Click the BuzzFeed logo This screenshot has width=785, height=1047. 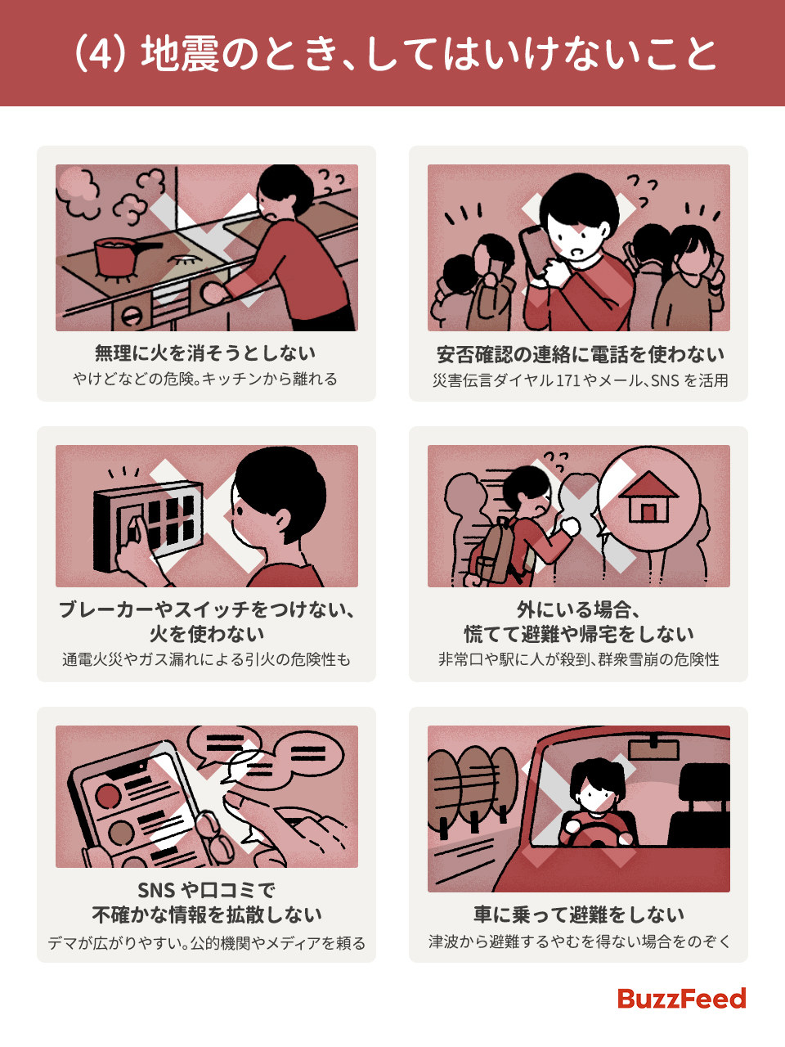681,999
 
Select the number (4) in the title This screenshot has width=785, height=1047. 102,55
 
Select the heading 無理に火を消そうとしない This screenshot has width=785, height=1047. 205,353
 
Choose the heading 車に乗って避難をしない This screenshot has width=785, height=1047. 578,914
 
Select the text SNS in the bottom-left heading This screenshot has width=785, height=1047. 156,890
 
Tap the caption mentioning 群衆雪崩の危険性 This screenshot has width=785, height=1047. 578,659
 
